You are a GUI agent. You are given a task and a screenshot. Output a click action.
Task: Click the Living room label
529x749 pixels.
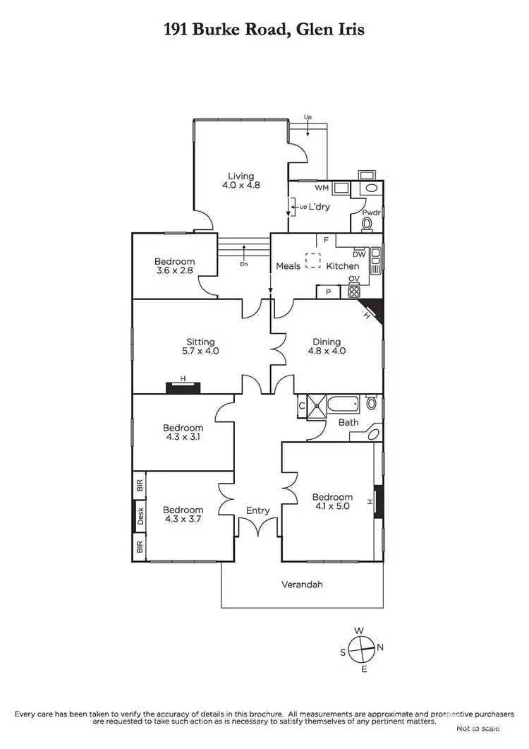pos(240,176)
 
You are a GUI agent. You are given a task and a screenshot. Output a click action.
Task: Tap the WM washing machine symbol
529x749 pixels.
pos(341,188)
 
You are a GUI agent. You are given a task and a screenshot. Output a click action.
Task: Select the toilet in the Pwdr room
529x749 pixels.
pos(366,224)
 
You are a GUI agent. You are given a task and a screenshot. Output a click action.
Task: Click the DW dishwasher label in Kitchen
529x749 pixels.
pos(358,254)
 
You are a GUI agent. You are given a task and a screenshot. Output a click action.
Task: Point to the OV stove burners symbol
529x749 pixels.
pos(354,289)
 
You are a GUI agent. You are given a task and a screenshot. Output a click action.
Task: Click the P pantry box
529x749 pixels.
pos(328,292)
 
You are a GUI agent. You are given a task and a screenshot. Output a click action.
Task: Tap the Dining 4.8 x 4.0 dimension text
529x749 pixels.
pos(329,351)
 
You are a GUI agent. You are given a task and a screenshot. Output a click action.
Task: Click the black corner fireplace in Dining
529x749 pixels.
pos(374,309)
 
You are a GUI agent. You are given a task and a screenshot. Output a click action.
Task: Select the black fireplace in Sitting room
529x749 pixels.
pos(183,387)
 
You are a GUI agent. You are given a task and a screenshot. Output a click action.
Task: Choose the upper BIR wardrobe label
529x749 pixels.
pos(140,486)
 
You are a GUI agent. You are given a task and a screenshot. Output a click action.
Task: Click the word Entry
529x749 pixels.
pos(257,510)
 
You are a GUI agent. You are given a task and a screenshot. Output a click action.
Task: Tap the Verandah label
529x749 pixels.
pos(301,585)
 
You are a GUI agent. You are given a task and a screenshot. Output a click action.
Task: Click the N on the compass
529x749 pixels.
pos(380,647)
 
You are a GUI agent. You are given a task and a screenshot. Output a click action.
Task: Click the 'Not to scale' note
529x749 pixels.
pos(478,728)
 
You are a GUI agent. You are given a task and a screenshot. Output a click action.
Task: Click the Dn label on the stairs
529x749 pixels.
pos(244,264)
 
